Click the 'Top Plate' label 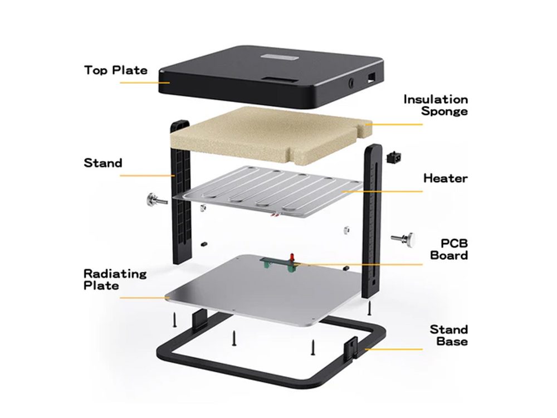coord(116,70)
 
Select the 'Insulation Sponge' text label coord(436,105)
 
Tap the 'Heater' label coord(446,178)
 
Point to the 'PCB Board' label coord(449,249)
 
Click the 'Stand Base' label coord(449,335)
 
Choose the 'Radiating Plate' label coord(115,279)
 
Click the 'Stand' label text coord(103,163)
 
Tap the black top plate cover coord(271,76)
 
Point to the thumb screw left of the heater coord(157,200)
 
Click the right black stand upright coord(372,221)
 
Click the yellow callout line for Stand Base coord(394,349)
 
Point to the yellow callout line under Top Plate coord(145,82)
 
